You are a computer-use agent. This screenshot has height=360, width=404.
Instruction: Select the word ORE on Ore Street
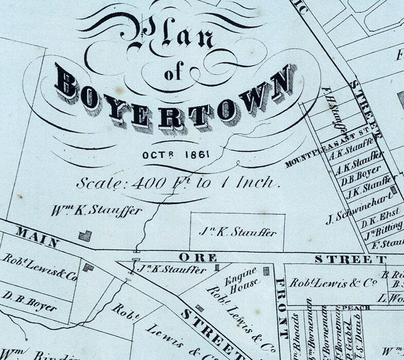click(198, 257)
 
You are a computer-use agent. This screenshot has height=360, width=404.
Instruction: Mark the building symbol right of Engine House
click(266, 271)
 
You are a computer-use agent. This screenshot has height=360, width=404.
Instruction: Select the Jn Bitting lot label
click(383, 229)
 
